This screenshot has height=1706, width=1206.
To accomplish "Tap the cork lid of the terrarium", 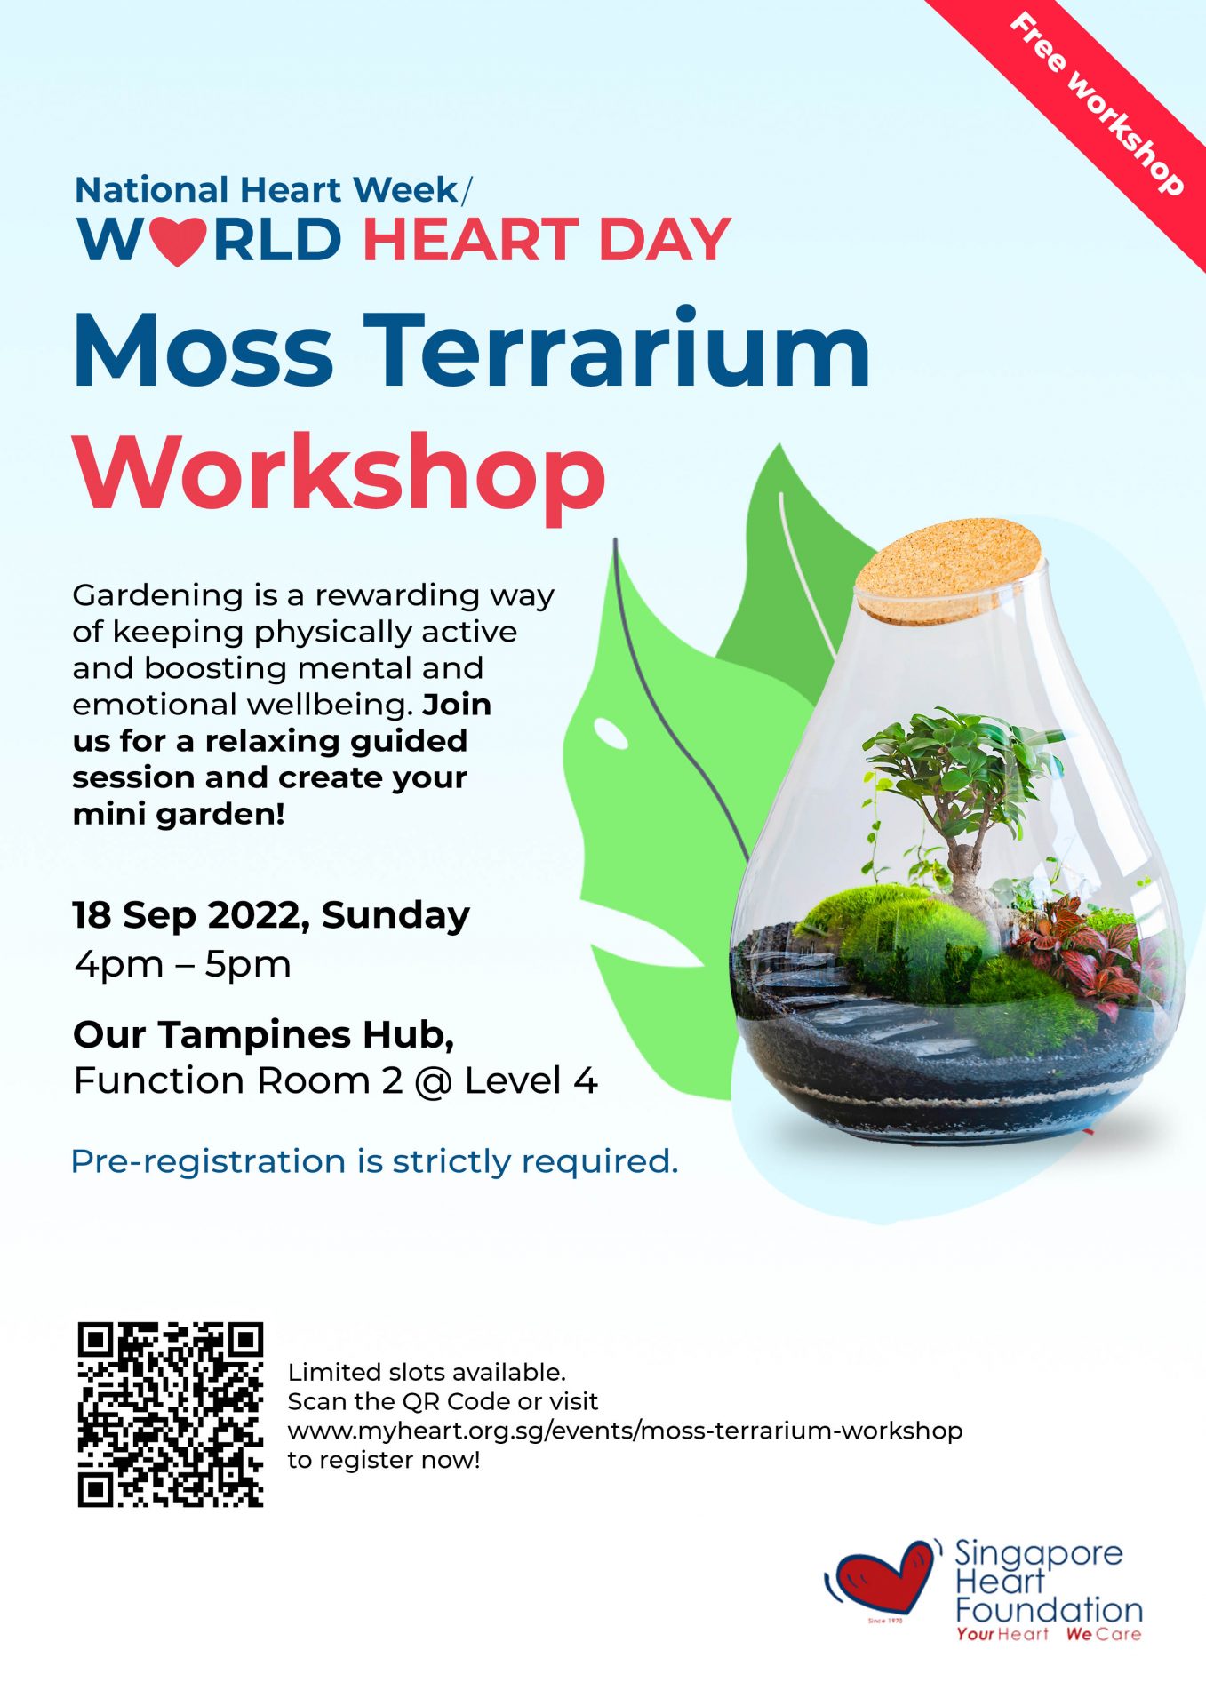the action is [x=949, y=569].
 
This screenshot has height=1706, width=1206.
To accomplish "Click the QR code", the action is [x=171, y=1415].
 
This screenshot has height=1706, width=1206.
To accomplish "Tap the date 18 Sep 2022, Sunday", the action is [x=271, y=916].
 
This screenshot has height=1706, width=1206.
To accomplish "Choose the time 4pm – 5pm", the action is [x=183, y=964].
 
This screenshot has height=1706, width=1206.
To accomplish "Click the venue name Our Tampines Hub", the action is [x=264, y=1035].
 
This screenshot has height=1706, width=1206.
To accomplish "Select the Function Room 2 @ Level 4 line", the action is [x=336, y=1081].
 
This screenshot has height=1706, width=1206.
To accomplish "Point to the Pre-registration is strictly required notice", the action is [x=374, y=1161].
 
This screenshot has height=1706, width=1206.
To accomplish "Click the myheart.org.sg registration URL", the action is [x=625, y=1431].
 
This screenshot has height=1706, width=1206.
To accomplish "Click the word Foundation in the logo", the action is [x=1049, y=1610].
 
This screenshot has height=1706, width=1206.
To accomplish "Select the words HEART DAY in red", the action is [x=547, y=241].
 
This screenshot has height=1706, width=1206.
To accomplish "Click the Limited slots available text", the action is [x=427, y=1373].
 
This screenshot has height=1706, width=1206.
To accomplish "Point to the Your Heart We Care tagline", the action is [x=1049, y=1635].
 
